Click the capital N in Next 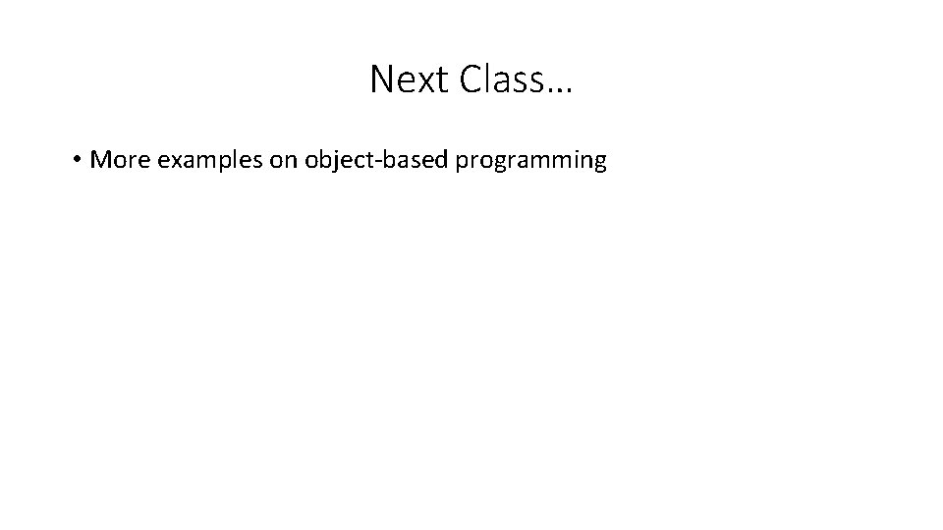pyautogui.click(x=380, y=79)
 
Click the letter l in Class pyautogui.click(x=480, y=79)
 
